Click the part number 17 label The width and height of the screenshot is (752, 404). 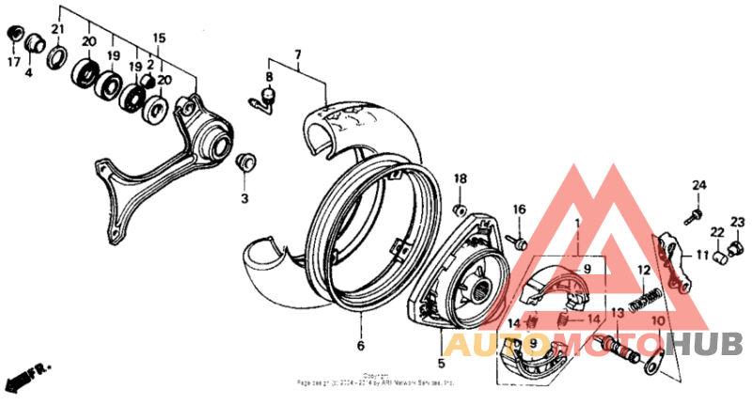click(x=13, y=63)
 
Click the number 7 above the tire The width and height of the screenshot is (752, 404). click(x=298, y=55)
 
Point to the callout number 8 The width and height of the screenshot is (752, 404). click(x=268, y=76)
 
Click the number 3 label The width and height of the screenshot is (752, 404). click(x=243, y=198)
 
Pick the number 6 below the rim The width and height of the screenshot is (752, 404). click(x=360, y=345)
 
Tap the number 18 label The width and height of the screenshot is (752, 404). click(x=461, y=179)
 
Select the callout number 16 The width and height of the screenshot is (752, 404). click(x=519, y=209)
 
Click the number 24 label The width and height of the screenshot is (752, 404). click(x=699, y=184)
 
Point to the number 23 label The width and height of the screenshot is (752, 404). click(x=737, y=222)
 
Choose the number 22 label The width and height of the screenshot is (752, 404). click(x=716, y=232)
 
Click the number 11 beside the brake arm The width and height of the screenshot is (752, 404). click(x=701, y=254)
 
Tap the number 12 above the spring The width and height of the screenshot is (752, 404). click(x=644, y=270)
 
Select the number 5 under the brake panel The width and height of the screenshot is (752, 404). click(x=440, y=362)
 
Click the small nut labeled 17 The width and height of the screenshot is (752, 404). click(x=13, y=35)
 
